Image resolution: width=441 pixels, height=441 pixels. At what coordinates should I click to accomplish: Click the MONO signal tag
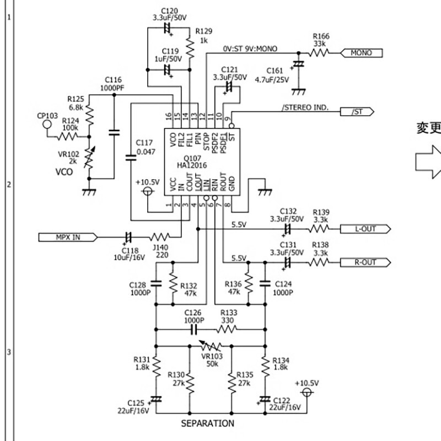pyautogui.click(x=361, y=53)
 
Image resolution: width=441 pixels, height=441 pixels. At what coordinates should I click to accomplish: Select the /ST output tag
pyautogui.click(x=360, y=112)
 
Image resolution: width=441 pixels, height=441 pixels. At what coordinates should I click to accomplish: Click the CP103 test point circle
pyautogui.click(x=47, y=125)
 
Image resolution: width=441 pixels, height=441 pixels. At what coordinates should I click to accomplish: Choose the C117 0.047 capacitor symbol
pyautogui.click(x=131, y=158)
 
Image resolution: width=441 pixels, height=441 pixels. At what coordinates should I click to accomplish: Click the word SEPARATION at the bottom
pyautogui.click(x=208, y=423)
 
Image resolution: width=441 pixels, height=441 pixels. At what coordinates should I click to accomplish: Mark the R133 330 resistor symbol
pyautogui.click(x=227, y=330)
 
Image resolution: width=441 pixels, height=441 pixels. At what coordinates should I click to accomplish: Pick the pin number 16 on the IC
pyautogui.click(x=169, y=117)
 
